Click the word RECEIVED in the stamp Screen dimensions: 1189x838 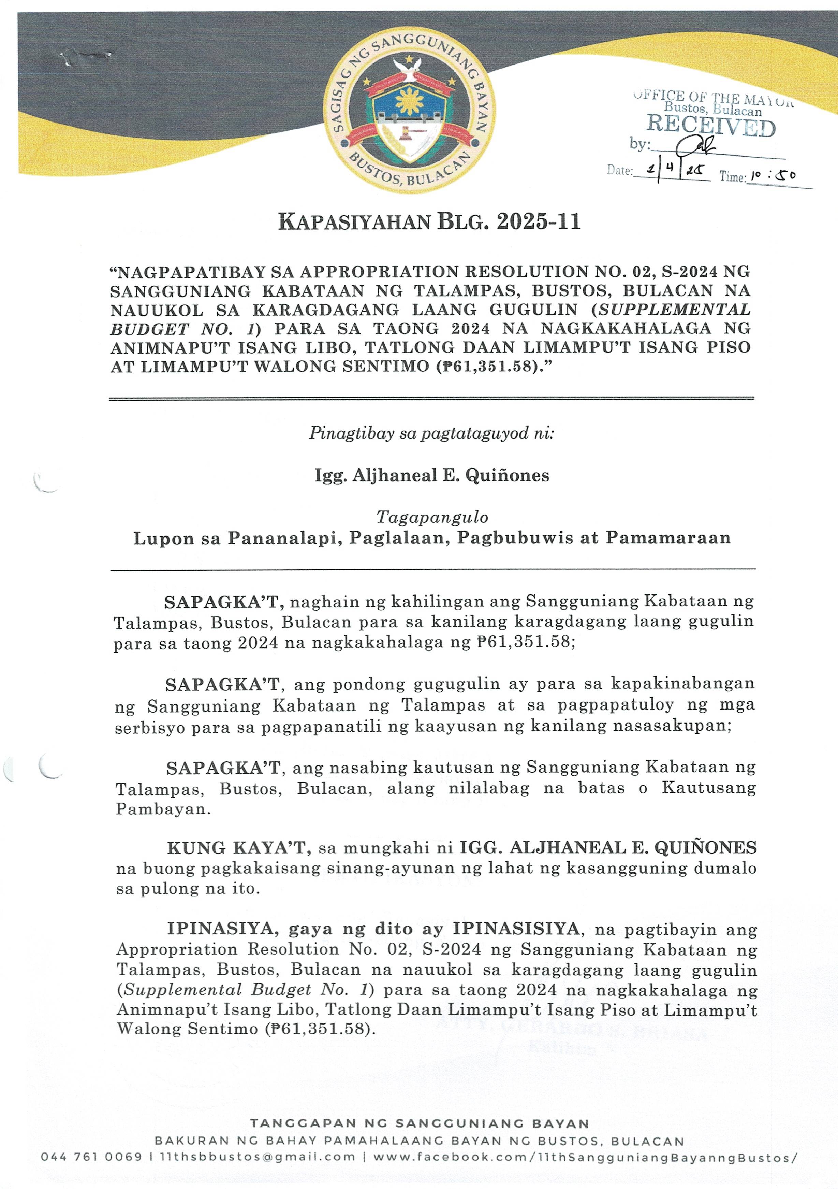tap(711, 126)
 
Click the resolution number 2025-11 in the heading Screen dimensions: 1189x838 tap(538, 221)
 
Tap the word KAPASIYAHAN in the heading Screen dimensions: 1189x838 tap(354, 221)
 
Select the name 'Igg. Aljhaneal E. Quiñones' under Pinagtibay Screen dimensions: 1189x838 tap(432, 475)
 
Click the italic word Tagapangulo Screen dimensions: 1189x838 tap(432, 517)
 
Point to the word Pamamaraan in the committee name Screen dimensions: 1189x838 tap(668, 538)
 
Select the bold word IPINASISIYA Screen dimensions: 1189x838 tap(516, 929)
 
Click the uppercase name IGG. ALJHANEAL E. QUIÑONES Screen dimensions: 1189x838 tap(608, 848)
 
